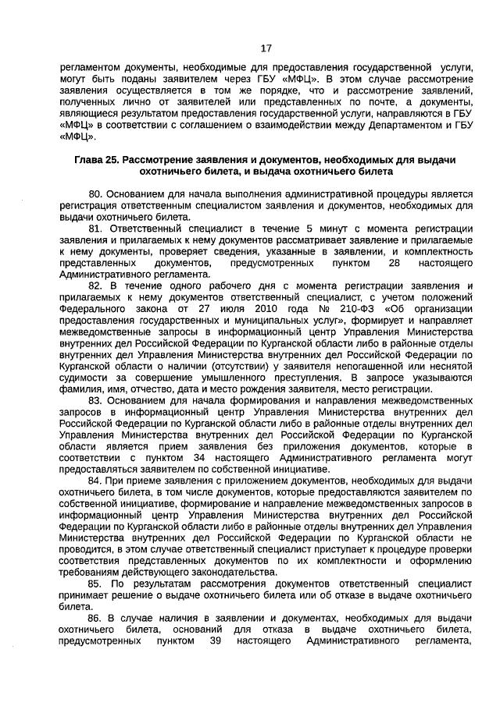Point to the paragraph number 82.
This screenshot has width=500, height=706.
tap(96, 286)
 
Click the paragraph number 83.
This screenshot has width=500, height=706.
tap(96, 401)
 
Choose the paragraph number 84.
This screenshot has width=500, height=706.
tap(96, 481)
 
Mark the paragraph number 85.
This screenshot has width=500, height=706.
tap(96, 584)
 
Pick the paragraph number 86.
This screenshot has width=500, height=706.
tap(96, 619)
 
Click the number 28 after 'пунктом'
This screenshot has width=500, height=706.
tap(393, 264)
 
